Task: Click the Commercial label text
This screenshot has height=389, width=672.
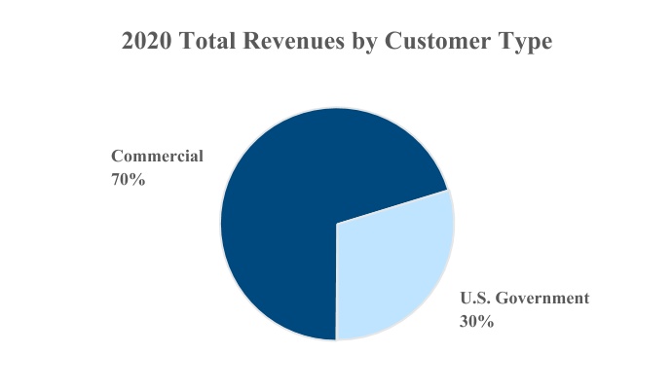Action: click(157, 156)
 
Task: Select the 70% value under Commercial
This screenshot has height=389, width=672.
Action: click(128, 179)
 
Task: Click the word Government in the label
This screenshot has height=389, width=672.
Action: click(544, 298)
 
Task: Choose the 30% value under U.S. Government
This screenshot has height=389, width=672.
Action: click(476, 321)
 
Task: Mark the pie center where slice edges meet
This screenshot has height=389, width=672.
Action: click(337, 224)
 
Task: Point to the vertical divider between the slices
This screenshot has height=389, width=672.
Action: click(337, 282)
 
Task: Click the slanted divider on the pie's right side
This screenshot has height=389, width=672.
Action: click(394, 206)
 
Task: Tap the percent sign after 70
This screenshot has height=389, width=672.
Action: click(137, 179)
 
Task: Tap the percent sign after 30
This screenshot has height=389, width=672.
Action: click(486, 321)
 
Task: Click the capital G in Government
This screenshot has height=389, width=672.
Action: click(505, 298)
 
